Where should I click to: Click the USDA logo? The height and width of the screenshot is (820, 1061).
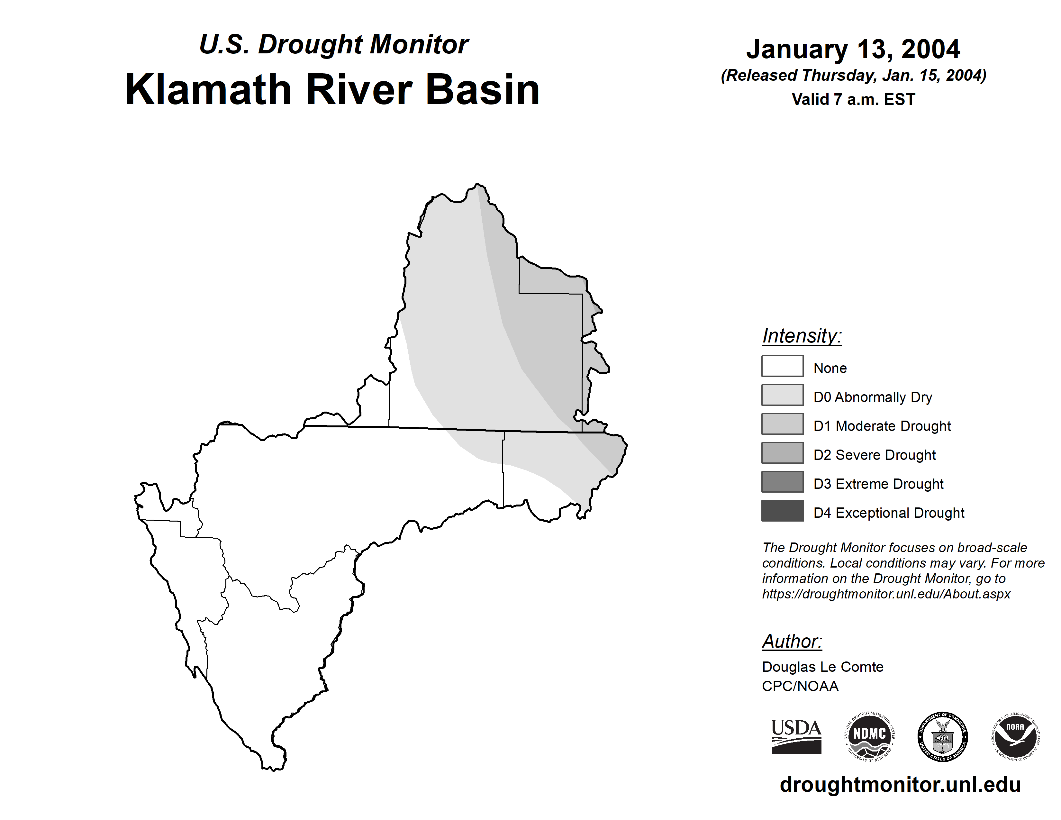796,736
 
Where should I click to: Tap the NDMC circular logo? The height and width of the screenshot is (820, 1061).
870,736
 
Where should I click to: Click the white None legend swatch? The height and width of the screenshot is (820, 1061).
782,366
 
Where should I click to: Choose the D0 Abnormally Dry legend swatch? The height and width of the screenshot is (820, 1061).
782,395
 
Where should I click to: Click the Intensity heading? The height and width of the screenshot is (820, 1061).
802,336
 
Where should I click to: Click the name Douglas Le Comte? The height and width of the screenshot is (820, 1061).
822,667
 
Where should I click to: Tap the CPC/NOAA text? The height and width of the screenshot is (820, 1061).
800,686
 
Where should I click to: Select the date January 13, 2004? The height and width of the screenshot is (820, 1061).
853,50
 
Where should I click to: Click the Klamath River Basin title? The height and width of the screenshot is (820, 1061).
332,89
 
